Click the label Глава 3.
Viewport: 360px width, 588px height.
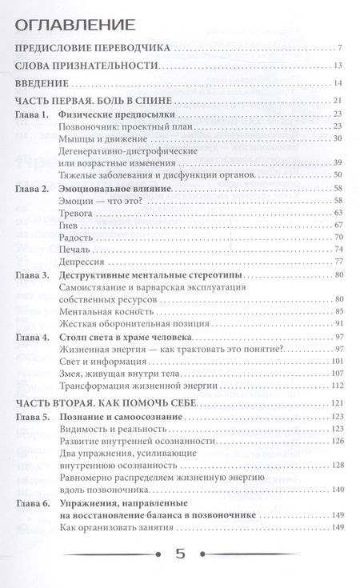32,274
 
